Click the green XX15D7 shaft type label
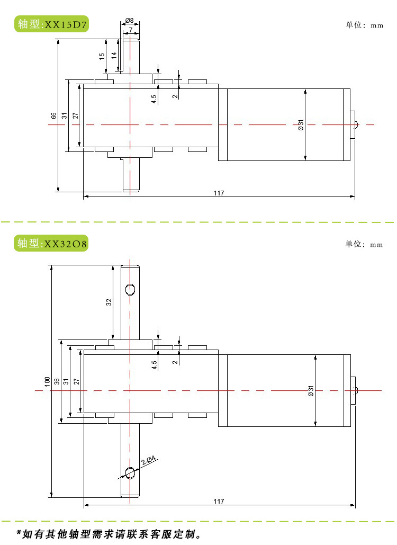51,24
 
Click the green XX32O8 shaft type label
51,244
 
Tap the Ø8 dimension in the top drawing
130,21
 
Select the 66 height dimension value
53,115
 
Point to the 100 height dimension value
47,381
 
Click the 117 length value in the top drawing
219,193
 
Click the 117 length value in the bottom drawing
219,501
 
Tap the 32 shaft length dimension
109,302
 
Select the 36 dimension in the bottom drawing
57,381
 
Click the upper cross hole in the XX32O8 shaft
130,289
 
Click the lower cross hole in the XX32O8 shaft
130,472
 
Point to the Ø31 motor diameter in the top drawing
300,126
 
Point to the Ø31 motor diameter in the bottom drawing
311,391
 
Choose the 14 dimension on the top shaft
113,55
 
